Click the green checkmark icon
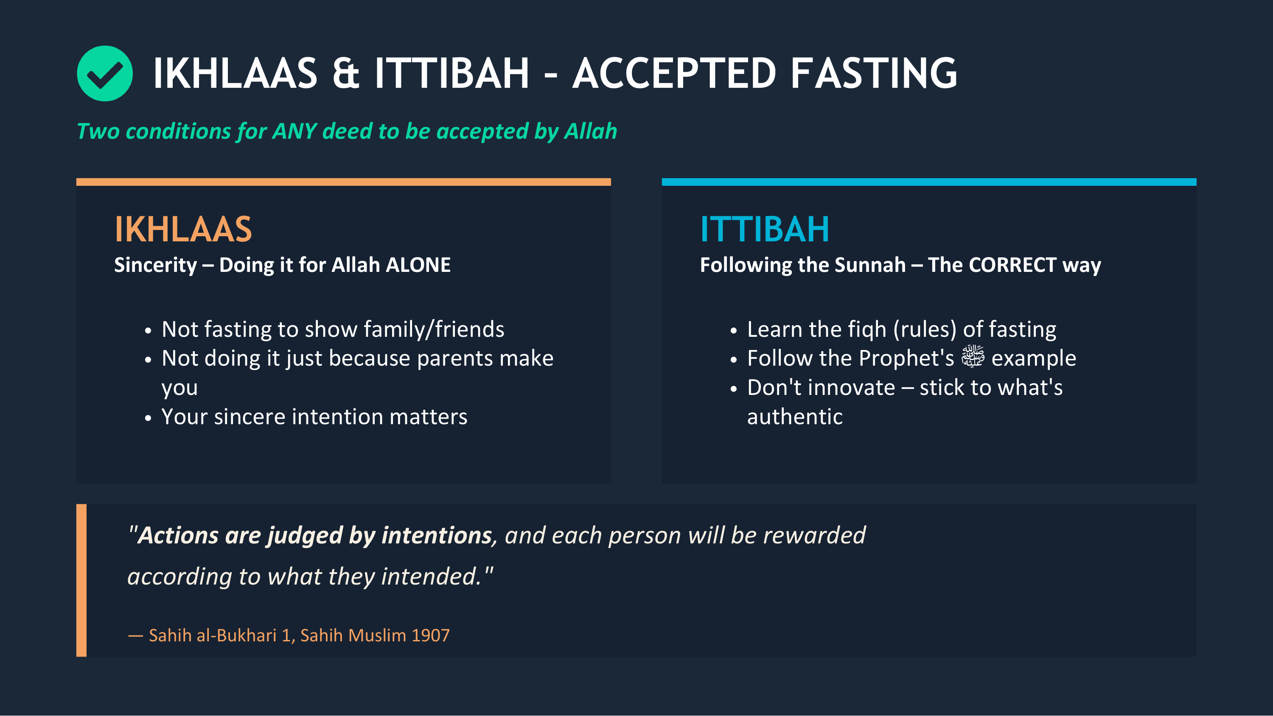(x=104, y=74)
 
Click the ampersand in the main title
(x=345, y=74)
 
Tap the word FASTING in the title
(x=873, y=74)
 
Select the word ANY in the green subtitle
(x=294, y=131)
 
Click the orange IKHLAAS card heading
(x=183, y=229)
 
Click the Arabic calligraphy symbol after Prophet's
(x=972, y=357)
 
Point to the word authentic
(x=795, y=417)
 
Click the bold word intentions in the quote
(x=436, y=536)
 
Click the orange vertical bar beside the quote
(x=81, y=580)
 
